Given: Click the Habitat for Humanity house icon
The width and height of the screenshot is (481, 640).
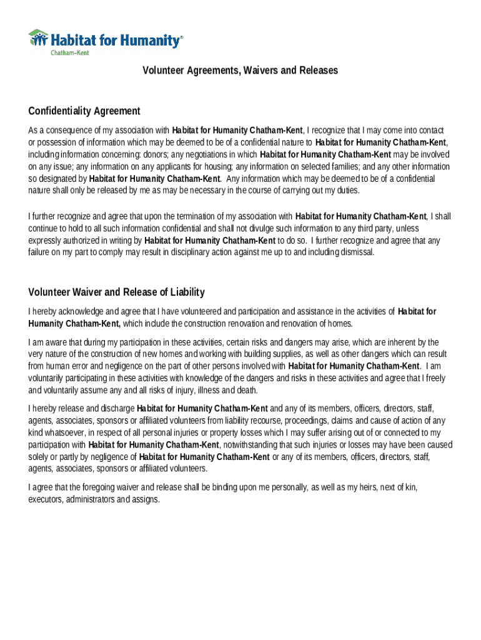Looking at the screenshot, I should click(x=38, y=37).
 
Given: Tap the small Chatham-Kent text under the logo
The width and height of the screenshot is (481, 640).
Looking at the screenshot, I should click(x=69, y=53).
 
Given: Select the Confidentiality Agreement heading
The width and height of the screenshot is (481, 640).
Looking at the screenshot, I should click(x=84, y=111).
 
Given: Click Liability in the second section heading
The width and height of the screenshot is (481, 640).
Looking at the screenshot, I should click(x=182, y=292).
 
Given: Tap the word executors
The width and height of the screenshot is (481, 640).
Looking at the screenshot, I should click(x=45, y=499).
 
